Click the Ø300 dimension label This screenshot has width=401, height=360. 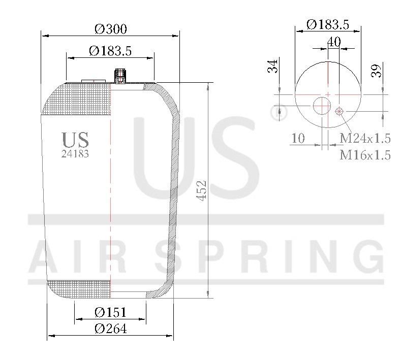click(x=110, y=29)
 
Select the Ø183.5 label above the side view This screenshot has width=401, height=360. click(x=110, y=51)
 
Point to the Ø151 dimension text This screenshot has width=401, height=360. click(x=110, y=312)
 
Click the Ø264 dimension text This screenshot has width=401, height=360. click(x=110, y=329)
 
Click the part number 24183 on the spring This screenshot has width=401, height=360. click(x=75, y=154)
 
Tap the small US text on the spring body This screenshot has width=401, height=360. click(x=75, y=140)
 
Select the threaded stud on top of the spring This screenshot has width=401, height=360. click(x=120, y=76)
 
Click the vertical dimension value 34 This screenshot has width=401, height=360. click(x=273, y=66)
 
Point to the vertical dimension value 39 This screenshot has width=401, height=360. click(x=376, y=71)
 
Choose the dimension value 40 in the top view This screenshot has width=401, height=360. click(x=333, y=42)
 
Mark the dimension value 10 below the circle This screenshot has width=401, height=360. click(x=298, y=138)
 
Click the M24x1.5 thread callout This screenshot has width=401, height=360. click(x=365, y=138)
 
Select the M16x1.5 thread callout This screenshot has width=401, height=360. click(x=365, y=155)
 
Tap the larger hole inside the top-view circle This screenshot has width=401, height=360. click(x=322, y=107)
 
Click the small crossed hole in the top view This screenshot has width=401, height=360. click(x=340, y=111)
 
